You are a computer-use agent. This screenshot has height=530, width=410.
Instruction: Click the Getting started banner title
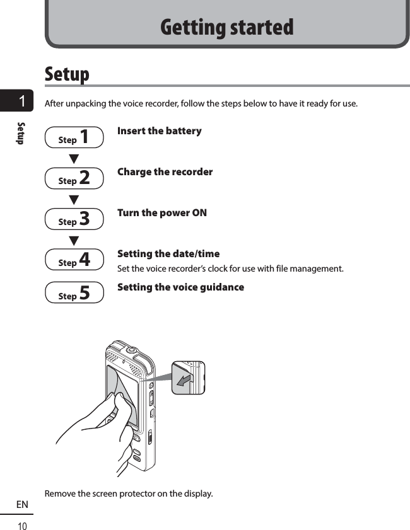[226, 28]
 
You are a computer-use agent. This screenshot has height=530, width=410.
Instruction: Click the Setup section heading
[67, 74]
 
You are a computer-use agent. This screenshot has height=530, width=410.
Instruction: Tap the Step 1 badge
[74, 137]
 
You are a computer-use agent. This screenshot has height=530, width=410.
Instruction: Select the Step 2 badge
[74, 178]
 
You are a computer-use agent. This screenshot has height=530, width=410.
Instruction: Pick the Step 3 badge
[74, 219]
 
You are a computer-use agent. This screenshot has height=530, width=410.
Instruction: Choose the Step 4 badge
[74, 260]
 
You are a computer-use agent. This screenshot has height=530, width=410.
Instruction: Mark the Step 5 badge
[74, 293]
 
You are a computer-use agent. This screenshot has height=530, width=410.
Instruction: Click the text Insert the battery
[160, 131]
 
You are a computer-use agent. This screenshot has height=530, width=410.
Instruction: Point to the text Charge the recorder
[165, 172]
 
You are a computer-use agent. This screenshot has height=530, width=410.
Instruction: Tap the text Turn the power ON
[162, 213]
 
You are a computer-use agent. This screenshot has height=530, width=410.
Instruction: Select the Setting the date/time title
[168, 254]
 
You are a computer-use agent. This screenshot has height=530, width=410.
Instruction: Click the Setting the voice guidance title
[180, 287]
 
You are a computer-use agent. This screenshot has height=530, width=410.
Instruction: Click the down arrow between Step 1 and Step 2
[74, 158]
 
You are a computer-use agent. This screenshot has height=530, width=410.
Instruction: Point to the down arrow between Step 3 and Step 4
[74, 240]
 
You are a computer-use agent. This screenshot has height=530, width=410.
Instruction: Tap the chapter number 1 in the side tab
[22, 101]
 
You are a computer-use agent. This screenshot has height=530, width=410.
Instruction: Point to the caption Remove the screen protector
[129, 493]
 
